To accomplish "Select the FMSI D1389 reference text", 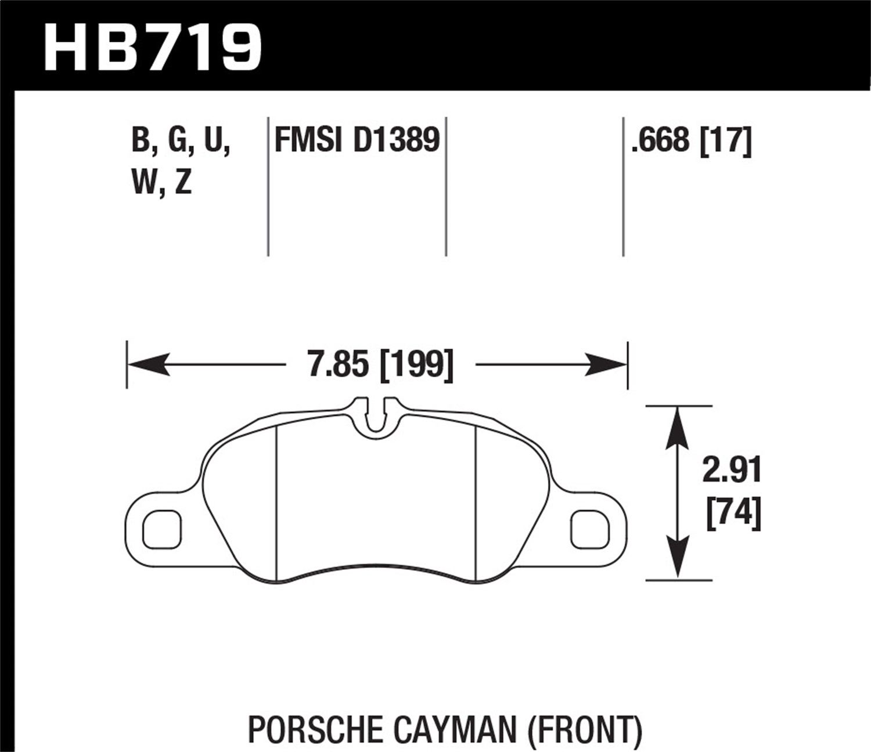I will pos(357,141).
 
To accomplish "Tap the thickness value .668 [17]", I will pos(692,141).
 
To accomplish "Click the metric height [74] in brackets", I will pos(733,513).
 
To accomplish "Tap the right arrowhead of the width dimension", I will pos(609,365).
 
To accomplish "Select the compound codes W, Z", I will pos(162,183).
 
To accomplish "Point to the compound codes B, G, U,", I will pos(181,141).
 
